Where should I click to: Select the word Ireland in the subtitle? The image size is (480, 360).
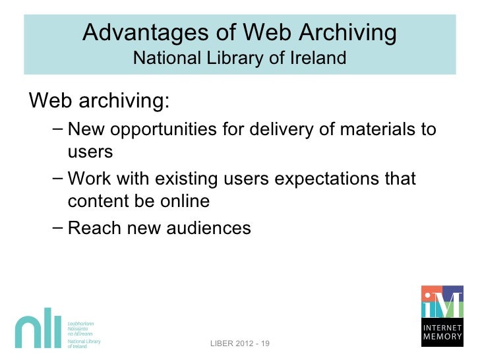pos(318,58)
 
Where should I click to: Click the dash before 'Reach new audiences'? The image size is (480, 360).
pos(57,227)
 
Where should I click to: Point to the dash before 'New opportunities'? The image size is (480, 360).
pos(57,127)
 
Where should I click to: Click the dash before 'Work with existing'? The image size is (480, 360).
pos(57,177)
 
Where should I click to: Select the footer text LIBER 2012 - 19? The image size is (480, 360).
pos(240,344)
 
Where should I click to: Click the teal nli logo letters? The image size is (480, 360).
pos(38,332)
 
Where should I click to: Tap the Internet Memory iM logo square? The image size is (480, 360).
pos(442,303)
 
